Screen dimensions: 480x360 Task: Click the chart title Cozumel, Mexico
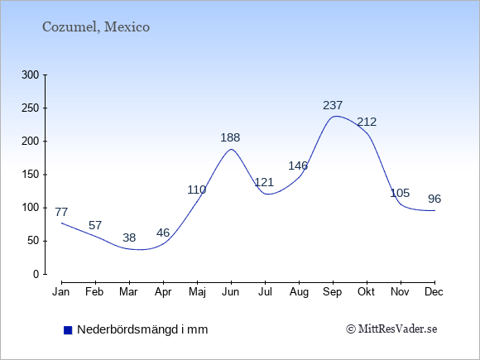[x=96, y=27]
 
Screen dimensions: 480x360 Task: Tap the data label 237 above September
[x=333, y=105]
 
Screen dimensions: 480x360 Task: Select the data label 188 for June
[x=230, y=137]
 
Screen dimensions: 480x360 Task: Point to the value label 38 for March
[x=129, y=238]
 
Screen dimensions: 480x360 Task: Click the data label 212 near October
[x=367, y=122]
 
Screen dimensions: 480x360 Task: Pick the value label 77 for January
[x=61, y=212]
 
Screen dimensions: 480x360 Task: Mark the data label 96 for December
[x=434, y=199]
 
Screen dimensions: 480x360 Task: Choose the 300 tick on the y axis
[x=31, y=74]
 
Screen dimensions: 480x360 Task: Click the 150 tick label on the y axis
[x=31, y=175]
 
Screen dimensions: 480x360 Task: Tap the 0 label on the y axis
[x=36, y=274]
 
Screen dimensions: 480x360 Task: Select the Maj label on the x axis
[x=197, y=292]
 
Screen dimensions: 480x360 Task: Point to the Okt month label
[x=366, y=292]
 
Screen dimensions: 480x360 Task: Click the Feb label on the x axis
[x=94, y=292]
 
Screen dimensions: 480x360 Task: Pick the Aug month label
[x=299, y=292]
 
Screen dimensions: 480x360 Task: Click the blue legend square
[x=68, y=330]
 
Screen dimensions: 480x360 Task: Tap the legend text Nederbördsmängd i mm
[x=142, y=329]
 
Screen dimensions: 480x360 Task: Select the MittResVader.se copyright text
[x=391, y=329]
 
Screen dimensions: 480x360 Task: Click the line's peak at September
[x=336, y=116]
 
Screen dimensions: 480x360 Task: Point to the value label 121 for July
[x=264, y=182]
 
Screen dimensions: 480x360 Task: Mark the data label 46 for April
[x=163, y=233]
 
